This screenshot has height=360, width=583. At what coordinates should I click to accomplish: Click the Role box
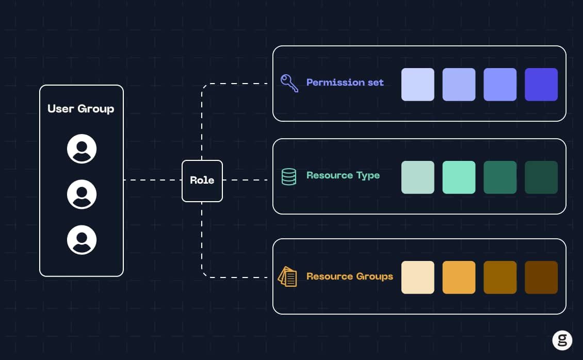202,181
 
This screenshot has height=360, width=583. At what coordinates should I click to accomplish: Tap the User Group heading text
80,109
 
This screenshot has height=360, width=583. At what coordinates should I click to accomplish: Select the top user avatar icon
82,149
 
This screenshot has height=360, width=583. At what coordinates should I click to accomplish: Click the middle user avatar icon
82,194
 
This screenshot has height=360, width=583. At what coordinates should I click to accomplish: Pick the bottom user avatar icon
82,240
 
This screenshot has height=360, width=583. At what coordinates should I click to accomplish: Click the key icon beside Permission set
289,83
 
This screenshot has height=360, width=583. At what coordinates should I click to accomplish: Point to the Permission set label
345,83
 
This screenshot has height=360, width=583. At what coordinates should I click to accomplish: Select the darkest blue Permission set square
541,85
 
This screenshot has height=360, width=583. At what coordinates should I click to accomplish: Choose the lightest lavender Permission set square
417,85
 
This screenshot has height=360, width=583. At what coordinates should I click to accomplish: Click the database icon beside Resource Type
289,177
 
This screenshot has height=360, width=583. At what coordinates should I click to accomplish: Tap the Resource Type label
343,175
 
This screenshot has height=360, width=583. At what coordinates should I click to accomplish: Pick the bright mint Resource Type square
459,177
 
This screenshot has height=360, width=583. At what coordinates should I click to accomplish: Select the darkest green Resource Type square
541,177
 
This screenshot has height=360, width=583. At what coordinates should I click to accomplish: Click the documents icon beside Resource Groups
287,277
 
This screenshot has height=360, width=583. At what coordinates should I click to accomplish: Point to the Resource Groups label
349,276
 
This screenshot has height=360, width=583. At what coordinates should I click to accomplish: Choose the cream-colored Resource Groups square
417,277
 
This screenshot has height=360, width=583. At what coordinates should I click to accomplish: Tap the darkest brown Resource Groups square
541,277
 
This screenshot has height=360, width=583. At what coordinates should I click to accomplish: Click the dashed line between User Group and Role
152,180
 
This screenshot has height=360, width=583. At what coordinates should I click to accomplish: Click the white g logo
562,340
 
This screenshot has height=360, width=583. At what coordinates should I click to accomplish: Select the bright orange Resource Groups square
459,277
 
